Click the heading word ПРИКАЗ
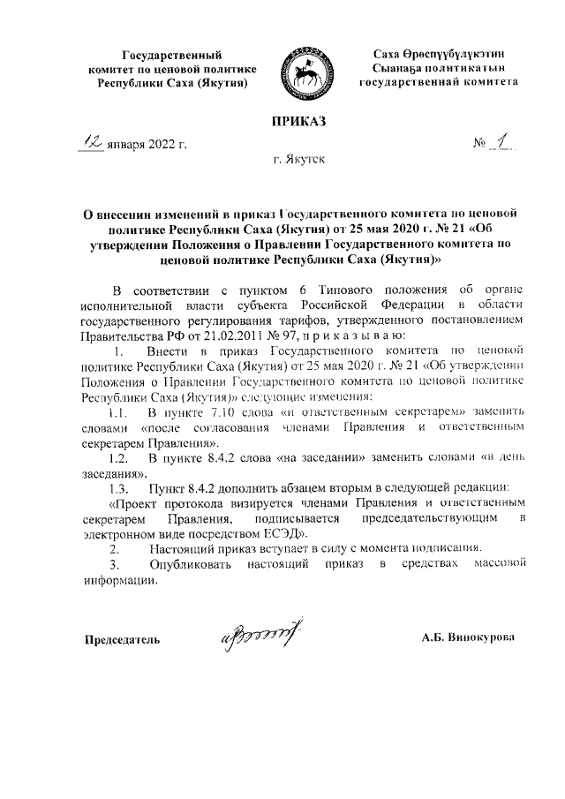pos(299,120)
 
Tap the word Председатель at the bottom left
pos(122,638)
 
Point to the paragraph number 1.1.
pos(120,413)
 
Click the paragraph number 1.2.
pos(120,459)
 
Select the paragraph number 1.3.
pos(120,488)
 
